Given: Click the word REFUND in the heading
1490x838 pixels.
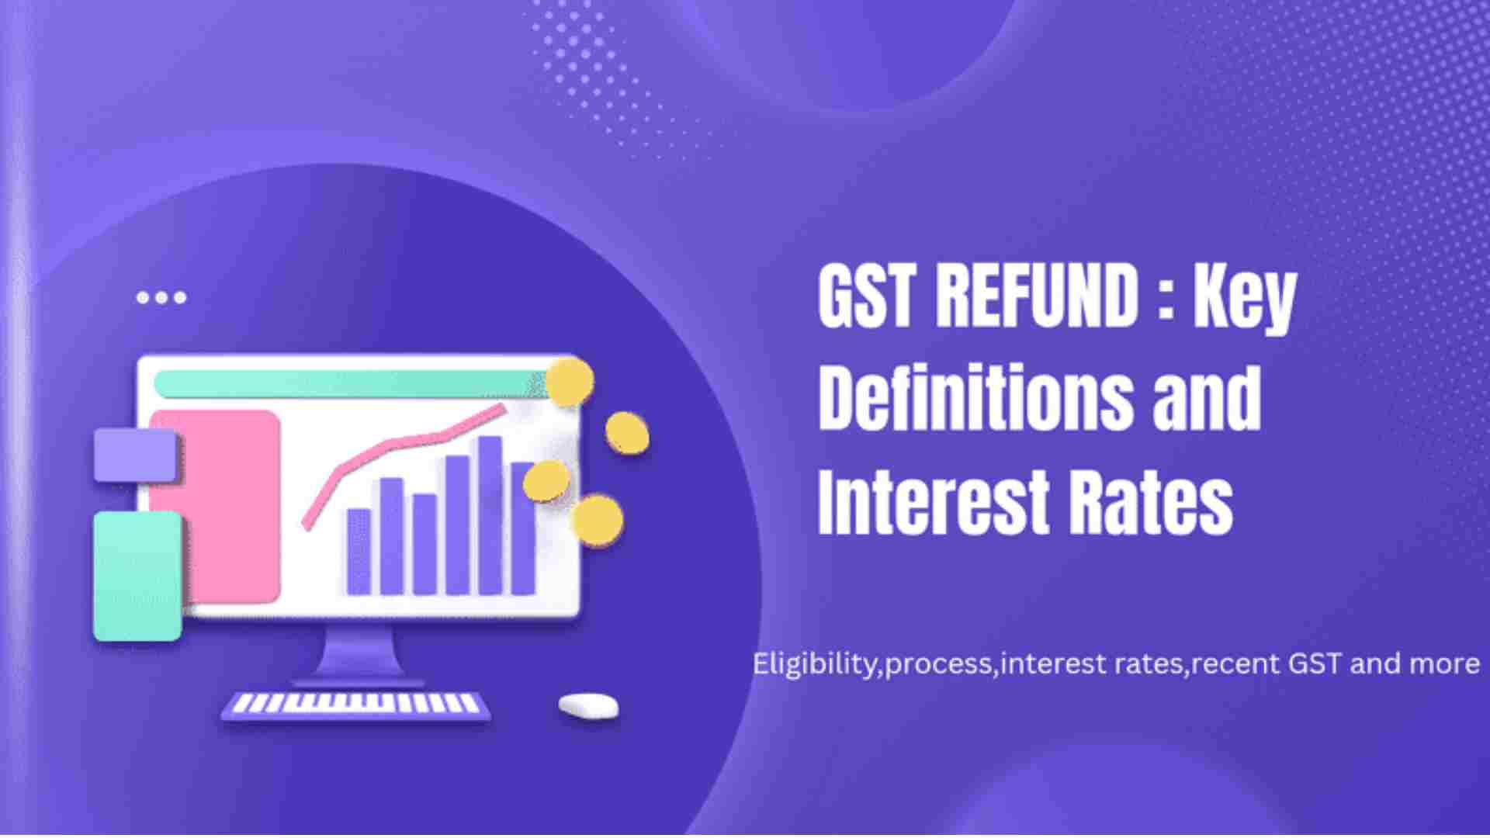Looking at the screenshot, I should (1036, 298).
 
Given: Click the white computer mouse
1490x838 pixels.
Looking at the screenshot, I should (589, 705).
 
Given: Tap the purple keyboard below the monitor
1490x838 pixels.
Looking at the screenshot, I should (356, 704).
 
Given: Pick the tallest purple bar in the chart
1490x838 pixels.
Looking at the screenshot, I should (490, 515).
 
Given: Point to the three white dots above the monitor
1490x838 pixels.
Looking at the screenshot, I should (161, 297).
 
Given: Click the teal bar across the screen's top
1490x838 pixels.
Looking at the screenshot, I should (349, 383).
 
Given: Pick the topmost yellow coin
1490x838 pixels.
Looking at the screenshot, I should (569, 381).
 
